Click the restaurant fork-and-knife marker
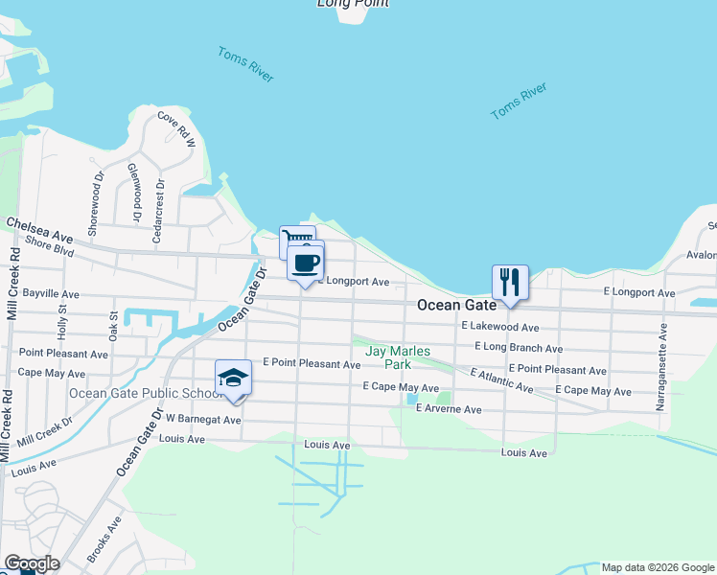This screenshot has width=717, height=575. tap(510, 283)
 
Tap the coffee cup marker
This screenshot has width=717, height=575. tap(305, 263)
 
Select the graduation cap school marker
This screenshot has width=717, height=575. tap(233, 379)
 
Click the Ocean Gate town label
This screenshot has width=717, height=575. tap(457, 305)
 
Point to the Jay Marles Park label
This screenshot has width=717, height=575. tap(398, 357)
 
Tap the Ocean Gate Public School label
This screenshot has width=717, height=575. tap(147, 393)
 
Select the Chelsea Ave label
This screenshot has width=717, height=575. tap(39, 229)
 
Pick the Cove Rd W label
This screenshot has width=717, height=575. tap(176, 129)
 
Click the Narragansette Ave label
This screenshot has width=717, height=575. tap(661, 367)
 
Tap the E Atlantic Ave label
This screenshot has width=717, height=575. tap(501, 380)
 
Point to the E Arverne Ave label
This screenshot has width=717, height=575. tap(448, 409)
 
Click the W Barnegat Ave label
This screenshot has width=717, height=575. tap(202, 419)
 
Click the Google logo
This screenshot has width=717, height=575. tap(31, 563)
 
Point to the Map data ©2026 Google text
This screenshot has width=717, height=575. tap(659, 567)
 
